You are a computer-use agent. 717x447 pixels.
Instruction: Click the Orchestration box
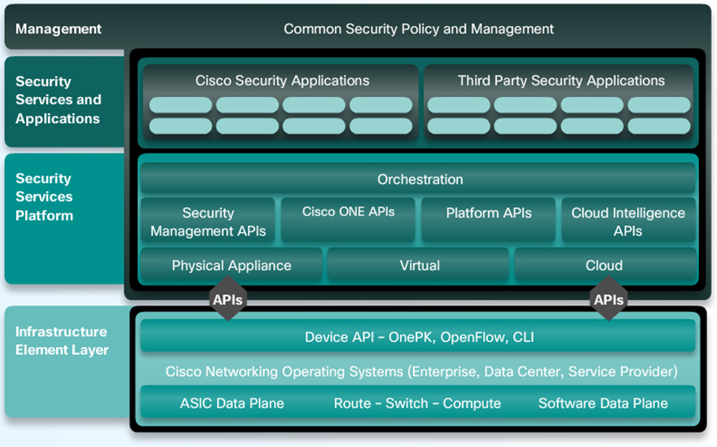click(420, 179)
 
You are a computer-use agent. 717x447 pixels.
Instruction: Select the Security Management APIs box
click(208, 221)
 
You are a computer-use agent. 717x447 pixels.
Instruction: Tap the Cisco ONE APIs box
click(348, 212)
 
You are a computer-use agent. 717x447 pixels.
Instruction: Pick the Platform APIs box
click(488, 214)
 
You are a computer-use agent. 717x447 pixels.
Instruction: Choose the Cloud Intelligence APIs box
click(628, 221)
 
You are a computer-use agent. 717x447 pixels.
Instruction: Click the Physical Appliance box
click(231, 266)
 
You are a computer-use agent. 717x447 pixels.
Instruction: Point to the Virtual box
click(420, 266)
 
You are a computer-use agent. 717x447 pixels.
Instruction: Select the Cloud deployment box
click(605, 266)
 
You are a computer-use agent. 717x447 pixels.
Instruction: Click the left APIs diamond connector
click(228, 299)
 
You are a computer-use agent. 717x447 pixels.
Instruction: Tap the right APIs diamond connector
click(609, 299)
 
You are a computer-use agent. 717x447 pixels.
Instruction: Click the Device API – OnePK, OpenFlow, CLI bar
click(420, 337)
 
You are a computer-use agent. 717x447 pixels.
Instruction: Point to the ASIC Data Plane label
click(232, 403)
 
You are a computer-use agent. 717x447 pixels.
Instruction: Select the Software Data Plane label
click(603, 403)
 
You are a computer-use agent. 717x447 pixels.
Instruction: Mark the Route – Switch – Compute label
click(417, 403)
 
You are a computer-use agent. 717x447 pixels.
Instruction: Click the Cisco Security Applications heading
click(282, 81)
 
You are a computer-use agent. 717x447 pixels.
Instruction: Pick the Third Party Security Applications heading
click(561, 81)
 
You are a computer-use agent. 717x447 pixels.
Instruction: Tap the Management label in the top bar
click(59, 29)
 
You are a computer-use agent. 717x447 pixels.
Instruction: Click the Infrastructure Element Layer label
click(61, 341)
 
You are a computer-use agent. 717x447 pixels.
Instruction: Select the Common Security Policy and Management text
click(418, 29)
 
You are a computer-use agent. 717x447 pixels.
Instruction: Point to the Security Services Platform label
click(45, 197)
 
